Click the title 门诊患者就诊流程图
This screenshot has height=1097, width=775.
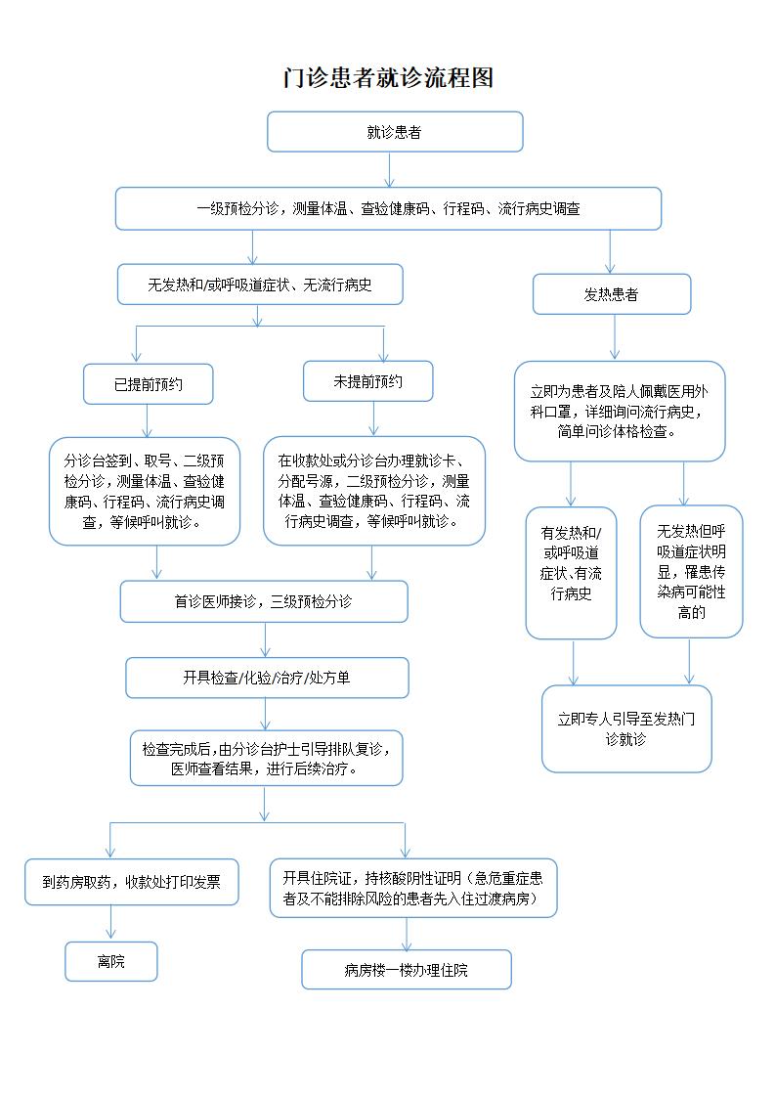[x=388, y=78]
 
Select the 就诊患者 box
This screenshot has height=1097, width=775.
[x=395, y=132]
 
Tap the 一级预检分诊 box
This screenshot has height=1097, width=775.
[x=388, y=208]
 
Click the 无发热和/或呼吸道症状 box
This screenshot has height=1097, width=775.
[x=260, y=285]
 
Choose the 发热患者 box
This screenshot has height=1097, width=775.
[x=612, y=293]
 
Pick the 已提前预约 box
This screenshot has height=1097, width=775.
[x=148, y=384]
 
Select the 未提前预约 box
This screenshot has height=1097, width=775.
[x=368, y=381]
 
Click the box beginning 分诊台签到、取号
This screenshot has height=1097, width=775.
[x=145, y=491]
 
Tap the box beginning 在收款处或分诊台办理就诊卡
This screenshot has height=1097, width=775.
[x=374, y=491]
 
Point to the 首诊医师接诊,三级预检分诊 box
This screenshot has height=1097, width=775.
[x=264, y=601]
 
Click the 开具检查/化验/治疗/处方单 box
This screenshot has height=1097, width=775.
[x=267, y=678]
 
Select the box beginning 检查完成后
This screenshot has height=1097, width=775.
[x=266, y=759]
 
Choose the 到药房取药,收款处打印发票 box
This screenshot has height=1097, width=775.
[x=131, y=882]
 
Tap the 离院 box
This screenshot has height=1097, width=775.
[x=111, y=961]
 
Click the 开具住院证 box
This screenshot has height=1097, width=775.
[x=412, y=888]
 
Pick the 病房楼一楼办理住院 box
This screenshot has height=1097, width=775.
[x=406, y=970]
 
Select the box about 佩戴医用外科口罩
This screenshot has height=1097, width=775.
[x=620, y=411]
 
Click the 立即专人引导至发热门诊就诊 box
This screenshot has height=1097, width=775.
[x=626, y=729]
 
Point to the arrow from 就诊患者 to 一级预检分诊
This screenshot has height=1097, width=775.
[x=390, y=169]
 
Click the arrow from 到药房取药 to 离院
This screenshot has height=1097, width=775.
[x=110, y=923]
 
